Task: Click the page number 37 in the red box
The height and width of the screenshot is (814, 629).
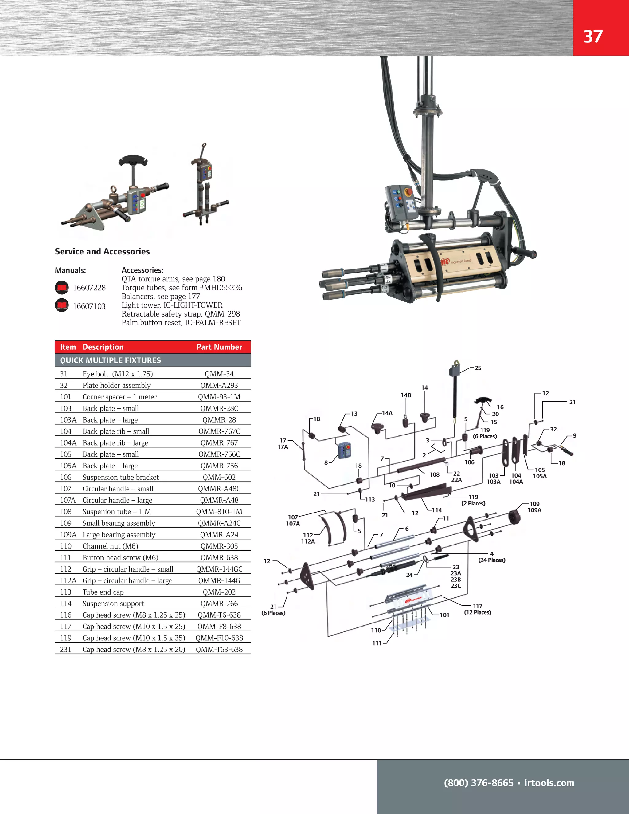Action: tap(592, 37)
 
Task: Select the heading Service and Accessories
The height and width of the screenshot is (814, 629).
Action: tap(102, 252)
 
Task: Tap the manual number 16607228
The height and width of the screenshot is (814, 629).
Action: tap(89, 288)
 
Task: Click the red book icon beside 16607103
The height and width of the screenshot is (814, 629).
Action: tap(62, 306)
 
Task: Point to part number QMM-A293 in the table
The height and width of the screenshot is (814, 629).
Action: tap(219, 385)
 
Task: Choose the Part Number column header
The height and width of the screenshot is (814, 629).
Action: tap(219, 347)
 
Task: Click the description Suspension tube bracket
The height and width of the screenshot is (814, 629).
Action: tap(120, 478)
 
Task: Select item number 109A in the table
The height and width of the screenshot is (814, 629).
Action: tap(68, 535)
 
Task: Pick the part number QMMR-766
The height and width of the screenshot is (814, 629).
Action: tap(219, 604)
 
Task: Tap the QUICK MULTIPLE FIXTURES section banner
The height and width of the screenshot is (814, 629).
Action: tap(111, 360)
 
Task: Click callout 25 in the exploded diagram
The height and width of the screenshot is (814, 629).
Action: tap(478, 368)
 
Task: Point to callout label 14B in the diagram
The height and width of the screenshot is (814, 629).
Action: tap(406, 395)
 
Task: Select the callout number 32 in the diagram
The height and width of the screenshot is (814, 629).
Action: tap(553, 429)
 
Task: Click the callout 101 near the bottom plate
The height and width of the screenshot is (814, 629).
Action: tap(444, 615)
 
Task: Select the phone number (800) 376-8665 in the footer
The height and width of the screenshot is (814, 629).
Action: tap(479, 783)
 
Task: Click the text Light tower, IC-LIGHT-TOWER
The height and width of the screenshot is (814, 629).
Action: tap(172, 305)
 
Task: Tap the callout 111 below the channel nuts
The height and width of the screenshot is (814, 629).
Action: tap(377, 643)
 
